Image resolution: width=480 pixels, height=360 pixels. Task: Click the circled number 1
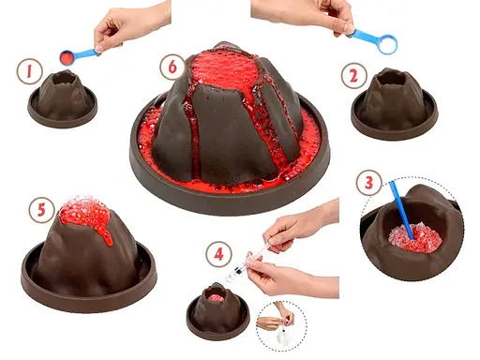(x=32, y=71)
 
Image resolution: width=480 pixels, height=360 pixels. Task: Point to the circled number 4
(x=218, y=252)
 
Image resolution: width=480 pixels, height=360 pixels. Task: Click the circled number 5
(x=40, y=211)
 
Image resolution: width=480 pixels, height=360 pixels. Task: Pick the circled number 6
(x=171, y=67)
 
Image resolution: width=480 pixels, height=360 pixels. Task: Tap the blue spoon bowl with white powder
(x=384, y=42)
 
